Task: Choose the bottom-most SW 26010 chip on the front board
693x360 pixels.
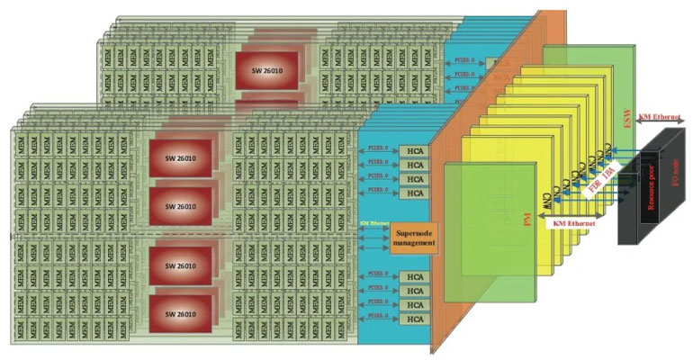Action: pos(180,312)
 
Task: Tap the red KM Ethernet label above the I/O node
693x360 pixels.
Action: pos(661,117)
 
